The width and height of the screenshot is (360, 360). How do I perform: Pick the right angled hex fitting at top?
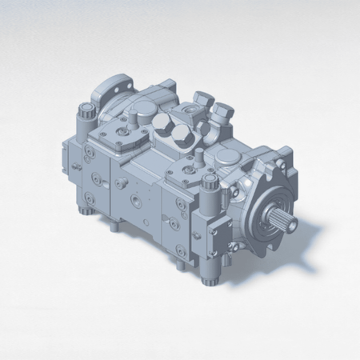point(222,114)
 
